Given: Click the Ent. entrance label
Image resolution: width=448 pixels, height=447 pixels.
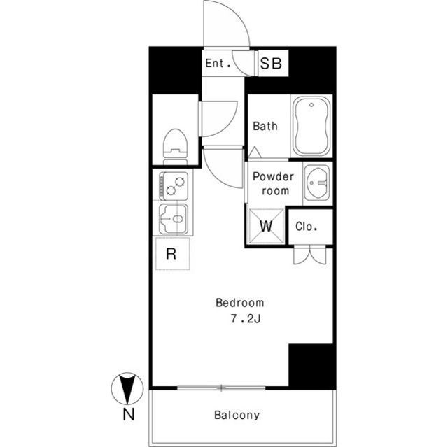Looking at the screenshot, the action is (x=218, y=63).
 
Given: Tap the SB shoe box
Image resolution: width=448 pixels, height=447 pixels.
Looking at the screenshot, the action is (x=272, y=64).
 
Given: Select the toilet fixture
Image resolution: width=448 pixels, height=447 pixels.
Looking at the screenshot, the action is (x=175, y=147).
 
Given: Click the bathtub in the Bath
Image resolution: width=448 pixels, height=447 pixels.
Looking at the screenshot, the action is (x=311, y=126).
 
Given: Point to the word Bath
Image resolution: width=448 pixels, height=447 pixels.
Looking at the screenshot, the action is (x=265, y=126).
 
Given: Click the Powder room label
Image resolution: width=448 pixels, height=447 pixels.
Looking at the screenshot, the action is (x=274, y=183).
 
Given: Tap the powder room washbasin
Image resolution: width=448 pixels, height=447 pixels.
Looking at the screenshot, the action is (x=317, y=183).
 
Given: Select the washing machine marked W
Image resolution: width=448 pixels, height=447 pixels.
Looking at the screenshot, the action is (x=266, y=227).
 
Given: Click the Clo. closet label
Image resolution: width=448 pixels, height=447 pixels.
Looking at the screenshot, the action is (x=307, y=227).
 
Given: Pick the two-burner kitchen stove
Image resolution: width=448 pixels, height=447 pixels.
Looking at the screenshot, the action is (x=174, y=186).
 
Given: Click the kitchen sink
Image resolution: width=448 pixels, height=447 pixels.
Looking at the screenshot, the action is (x=174, y=219).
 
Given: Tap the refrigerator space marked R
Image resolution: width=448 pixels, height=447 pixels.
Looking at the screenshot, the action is (x=173, y=253).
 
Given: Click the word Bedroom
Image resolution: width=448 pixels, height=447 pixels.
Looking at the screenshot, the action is (x=239, y=303).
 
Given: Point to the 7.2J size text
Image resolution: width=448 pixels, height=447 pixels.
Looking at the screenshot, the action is (x=246, y=318).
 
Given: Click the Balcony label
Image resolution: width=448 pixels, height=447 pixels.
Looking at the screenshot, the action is (x=237, y=415).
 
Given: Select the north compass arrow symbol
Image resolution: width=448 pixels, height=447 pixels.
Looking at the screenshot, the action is (x=127, y=388).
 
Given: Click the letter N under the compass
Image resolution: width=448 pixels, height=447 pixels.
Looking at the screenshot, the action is (x=129, y=414).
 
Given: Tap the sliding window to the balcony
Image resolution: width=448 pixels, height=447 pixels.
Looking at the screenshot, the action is (x=221, y=388).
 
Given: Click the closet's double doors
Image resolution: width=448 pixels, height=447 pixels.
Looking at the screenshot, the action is (x=310, y=255).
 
